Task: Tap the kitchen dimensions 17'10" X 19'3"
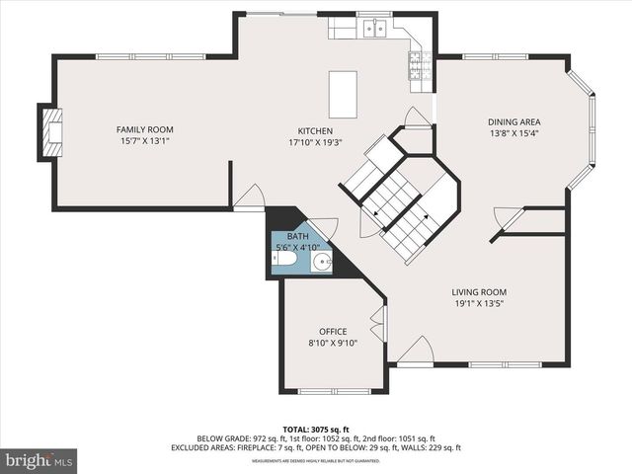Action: [315, 143]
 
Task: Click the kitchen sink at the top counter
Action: [374, 29]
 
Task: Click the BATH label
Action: [297, 237]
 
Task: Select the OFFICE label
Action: [333, 331]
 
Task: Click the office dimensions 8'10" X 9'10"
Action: [333, 343]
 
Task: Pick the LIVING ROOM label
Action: [479, 291]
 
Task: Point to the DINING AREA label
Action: [513, 121]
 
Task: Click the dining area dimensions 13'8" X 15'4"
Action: [513, 133]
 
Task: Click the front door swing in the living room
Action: [416, 351]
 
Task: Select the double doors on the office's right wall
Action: [378, 324]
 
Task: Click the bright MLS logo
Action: [39, 460]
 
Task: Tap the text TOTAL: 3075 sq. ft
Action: [315, 430]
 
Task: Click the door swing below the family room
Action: [249, 197]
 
